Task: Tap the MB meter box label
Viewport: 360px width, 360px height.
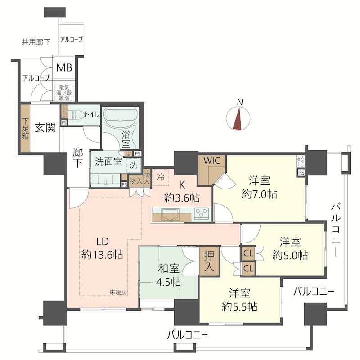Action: pos(63,69)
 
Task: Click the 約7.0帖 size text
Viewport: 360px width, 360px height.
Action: pos(259,194)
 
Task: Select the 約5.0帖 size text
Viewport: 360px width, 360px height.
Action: pos(290,255)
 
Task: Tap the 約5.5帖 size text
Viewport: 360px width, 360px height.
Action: pos(239,307)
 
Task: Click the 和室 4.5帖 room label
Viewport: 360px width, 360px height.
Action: pos(169,275)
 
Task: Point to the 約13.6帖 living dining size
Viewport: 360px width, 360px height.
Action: pos(103,254)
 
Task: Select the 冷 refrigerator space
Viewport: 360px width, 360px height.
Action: pos(160,177)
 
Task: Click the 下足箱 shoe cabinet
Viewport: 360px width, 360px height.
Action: pos(25,128)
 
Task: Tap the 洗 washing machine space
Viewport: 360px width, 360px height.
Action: pos(133,165)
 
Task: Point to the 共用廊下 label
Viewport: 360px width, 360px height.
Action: pos(36,42)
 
